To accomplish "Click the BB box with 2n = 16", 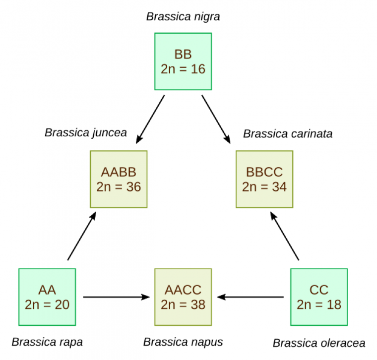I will click(183, 61).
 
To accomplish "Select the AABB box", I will click(119, 179).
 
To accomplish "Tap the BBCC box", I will click(264, 179).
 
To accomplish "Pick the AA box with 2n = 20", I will click(47, 297).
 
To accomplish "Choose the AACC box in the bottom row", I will click(183, 297).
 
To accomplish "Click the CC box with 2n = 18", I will click(319, 297).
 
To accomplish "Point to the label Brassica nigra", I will click(183, 17).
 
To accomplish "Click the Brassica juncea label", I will click(86, 132).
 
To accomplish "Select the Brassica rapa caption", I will click(47, 342).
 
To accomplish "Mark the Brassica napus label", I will click(183, 342).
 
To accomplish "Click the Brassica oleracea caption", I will click(319, 343).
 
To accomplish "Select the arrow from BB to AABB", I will click(150, 118).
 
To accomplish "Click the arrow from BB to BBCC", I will click(216, 118).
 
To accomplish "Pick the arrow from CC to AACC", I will click(251, 297).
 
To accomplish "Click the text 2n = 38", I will click(183, 304).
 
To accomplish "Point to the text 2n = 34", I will click(264, 187).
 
